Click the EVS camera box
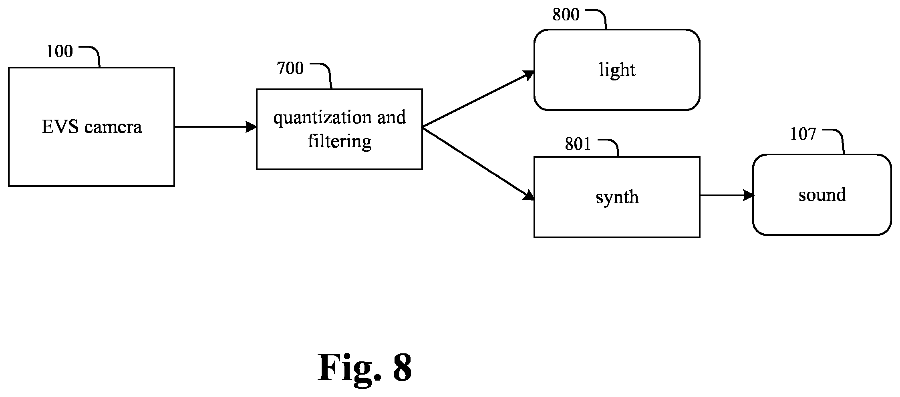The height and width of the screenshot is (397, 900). point(91,127)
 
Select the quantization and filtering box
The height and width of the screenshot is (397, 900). point(339,129)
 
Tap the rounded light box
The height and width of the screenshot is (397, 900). point(617,70)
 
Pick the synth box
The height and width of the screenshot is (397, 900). point(617,197)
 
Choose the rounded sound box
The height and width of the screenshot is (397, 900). point(822,194)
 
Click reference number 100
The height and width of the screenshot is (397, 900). point(60,52)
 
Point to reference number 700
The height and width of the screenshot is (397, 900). point(290,68)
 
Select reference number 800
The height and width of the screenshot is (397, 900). point(566,15)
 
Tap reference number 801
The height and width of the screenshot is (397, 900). point(578,144)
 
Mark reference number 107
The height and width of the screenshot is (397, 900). point(803,134)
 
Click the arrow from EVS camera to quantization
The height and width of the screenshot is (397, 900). point(215,127)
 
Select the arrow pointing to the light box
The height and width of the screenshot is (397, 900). point(478,99)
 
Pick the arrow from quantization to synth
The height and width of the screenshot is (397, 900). point(478,163)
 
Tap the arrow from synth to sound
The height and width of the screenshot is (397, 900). point(727,195)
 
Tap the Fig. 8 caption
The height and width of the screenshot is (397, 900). point(364,367)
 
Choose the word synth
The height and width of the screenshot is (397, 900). point(617,198)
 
